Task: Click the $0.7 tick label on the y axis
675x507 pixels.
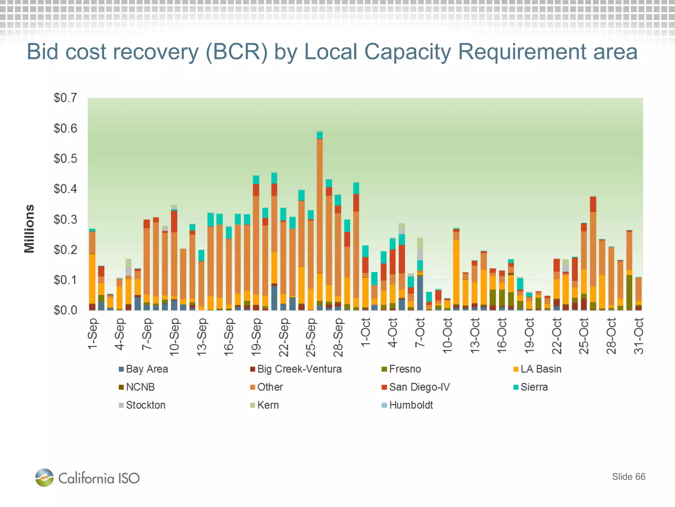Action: (65, 98)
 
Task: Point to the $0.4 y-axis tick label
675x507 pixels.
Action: (65, 189)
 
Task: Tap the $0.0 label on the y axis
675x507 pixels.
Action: (65, 310)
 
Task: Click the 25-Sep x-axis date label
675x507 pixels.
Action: (311, 337)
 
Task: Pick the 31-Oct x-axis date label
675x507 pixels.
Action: (638, 336)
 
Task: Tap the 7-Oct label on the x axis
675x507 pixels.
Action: (420, 332)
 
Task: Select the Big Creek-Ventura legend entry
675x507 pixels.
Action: (296, 369)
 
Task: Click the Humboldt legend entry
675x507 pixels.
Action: (407, 405)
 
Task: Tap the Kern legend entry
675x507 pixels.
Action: (264, 405)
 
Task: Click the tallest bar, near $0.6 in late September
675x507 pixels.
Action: (319, 221)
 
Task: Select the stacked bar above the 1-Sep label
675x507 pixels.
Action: (92, 271)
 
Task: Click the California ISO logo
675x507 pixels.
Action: (87, 478)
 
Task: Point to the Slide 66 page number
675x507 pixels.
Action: (629, 477)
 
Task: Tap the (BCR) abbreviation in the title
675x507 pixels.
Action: (236, 52)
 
